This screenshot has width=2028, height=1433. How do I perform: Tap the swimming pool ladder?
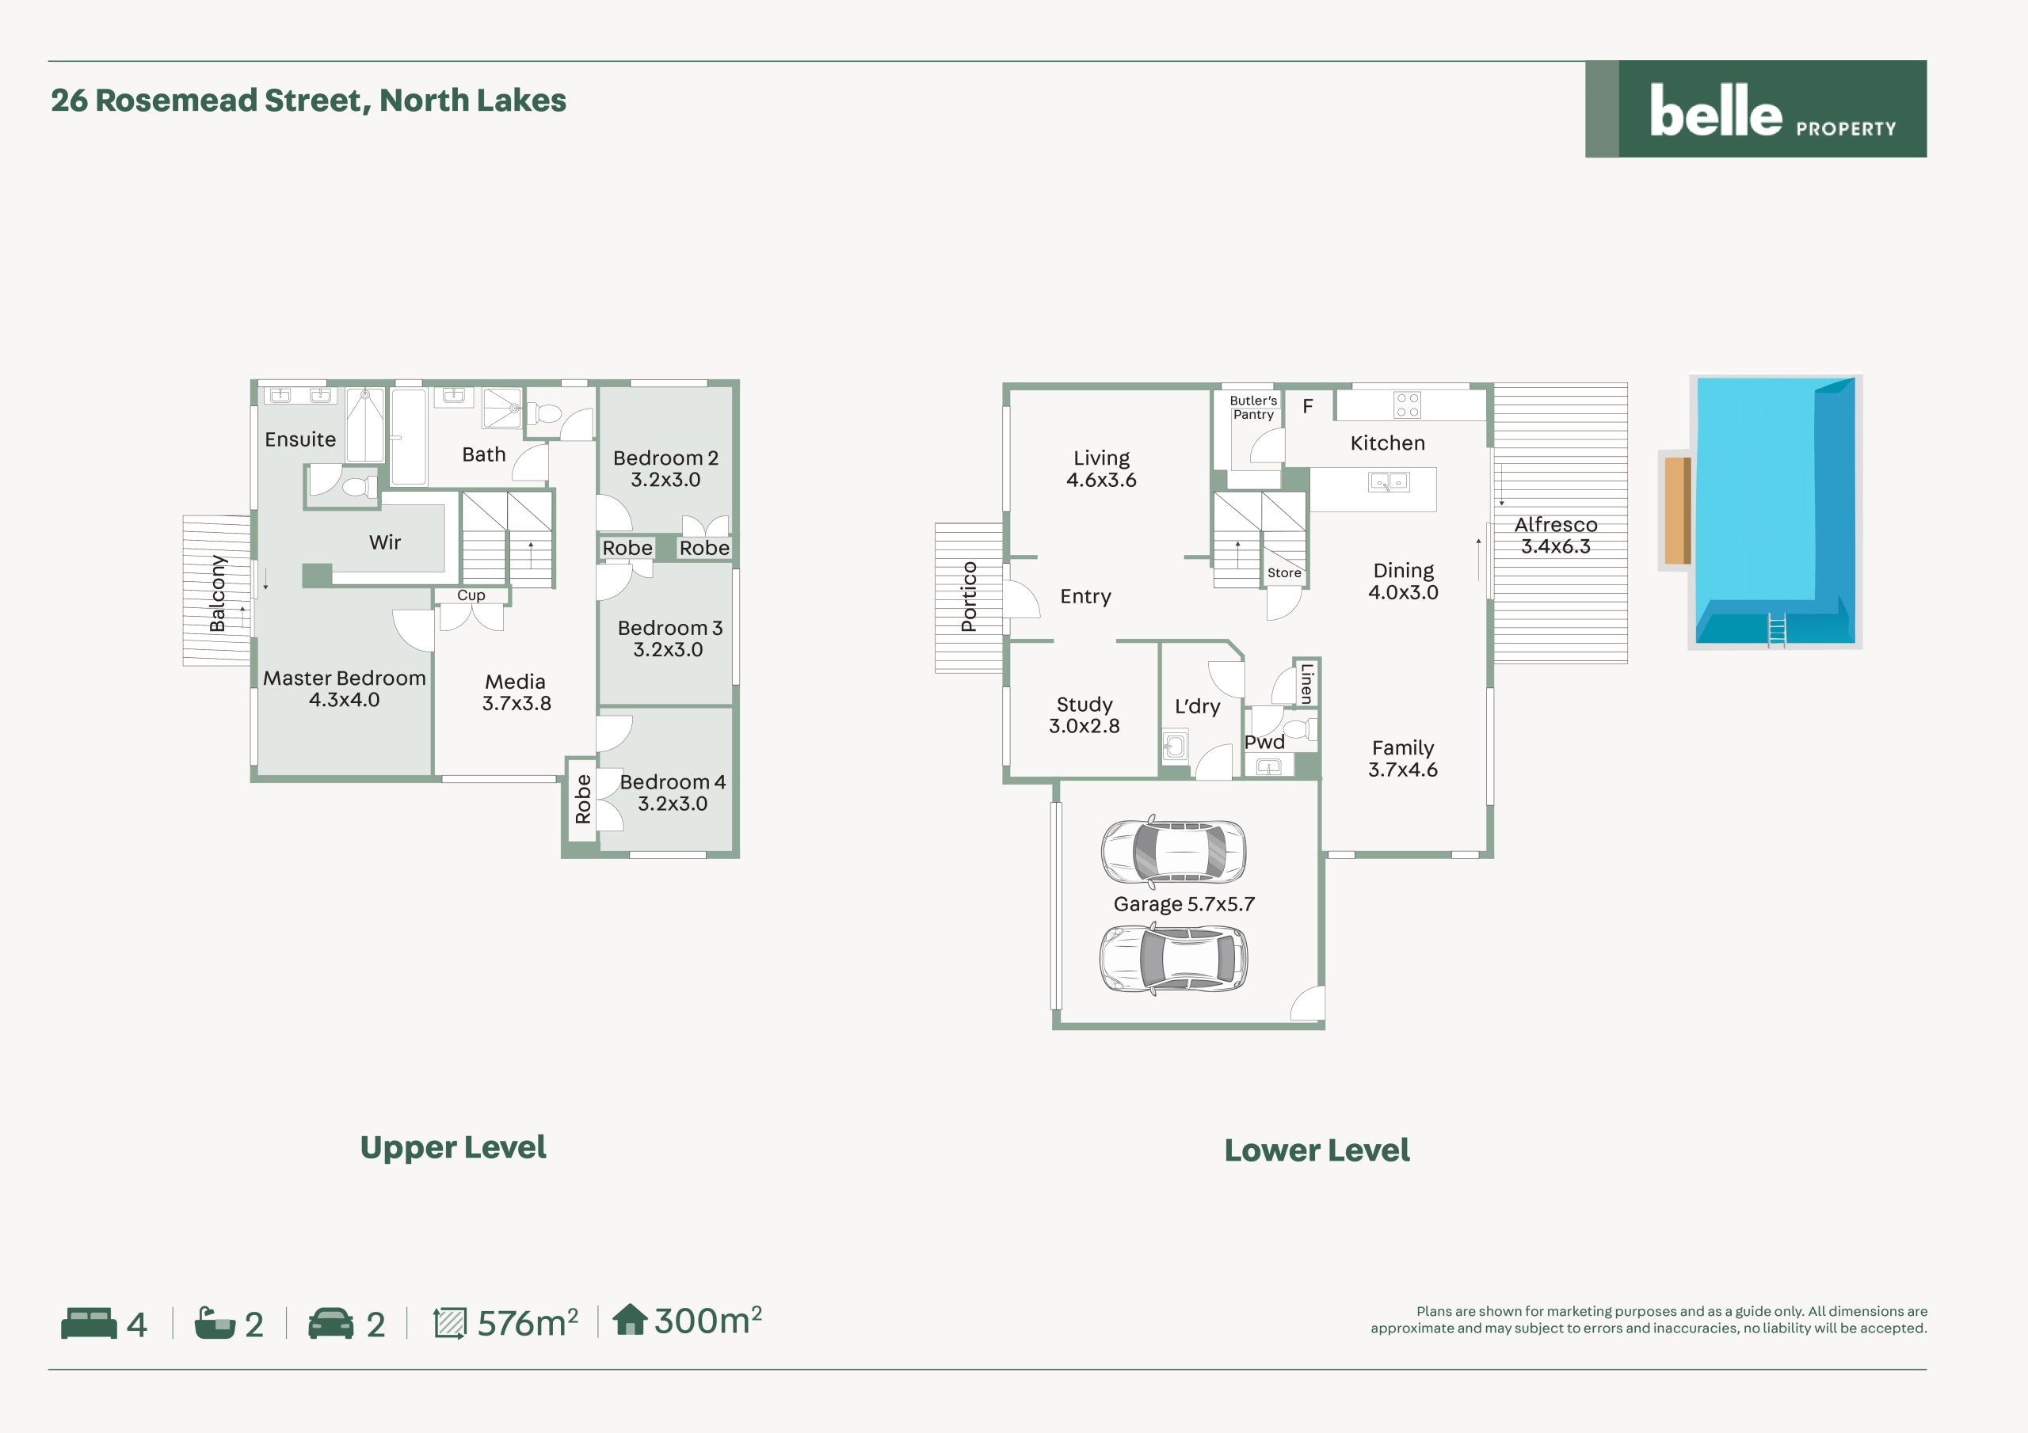(1776, 629)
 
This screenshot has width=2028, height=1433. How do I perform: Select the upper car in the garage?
(1174, 851)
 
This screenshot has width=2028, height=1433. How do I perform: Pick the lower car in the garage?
(1174, 958)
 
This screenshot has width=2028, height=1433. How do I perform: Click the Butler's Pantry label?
(1253, 407)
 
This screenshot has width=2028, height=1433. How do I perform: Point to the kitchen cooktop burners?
(1407, 405)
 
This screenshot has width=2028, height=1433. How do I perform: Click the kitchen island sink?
(1389, 482)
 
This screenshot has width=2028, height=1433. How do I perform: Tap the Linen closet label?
(1306, 683)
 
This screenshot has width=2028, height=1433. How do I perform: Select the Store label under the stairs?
(1284, 573)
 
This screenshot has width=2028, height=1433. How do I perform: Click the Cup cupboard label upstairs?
(471, 595)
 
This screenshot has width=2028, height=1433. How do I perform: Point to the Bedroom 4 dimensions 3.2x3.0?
(673, 804)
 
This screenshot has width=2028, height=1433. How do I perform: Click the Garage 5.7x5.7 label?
(1184, 904)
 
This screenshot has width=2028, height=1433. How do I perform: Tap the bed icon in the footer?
(90, 1323)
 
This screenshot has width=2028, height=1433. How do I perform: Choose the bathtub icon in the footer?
(215, 1323)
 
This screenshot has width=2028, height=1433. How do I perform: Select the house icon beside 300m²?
(630, 1319)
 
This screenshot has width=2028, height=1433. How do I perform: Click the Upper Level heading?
(453, 1147)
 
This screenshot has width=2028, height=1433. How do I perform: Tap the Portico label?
(969, 597)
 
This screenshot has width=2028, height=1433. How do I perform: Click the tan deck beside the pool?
(1677, 511)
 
